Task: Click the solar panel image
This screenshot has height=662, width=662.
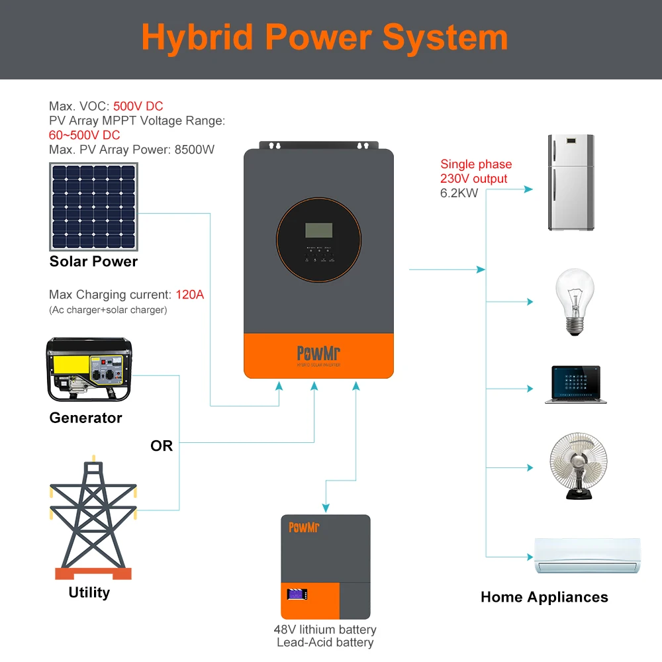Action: [93, 207]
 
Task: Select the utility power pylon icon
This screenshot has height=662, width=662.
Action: [93, 516]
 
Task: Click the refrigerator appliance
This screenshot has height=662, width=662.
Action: [571, 182]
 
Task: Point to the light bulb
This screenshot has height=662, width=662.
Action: [574, 301]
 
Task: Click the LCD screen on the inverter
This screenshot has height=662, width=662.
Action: [319, 230]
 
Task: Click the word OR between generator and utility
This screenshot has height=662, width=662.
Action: [162, 446]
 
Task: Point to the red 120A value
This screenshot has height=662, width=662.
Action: [190, 295]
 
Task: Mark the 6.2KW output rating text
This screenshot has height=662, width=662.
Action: [459, 193]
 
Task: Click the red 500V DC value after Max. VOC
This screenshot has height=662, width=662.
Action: [138, 106]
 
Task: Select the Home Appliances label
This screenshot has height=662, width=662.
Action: [544, 597]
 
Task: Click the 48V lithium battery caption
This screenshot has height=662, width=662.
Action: [325, 630]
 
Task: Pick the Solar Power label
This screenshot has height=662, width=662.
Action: [93, 261]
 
